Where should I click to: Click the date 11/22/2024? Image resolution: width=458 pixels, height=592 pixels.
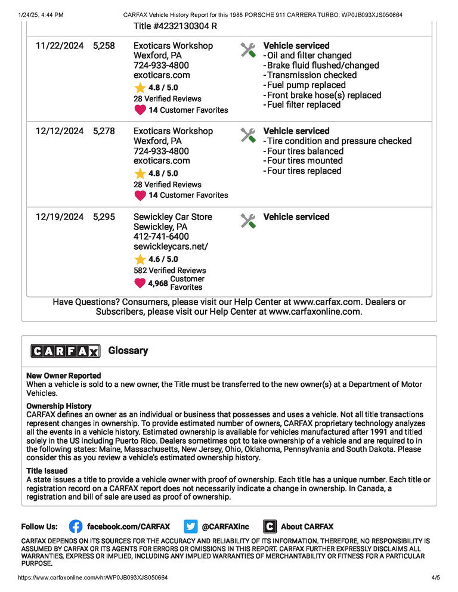pos(60,45)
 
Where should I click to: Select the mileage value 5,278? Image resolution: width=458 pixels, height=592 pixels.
pos(104,131)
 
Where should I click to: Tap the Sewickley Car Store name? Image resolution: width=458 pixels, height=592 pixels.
pos(172,217)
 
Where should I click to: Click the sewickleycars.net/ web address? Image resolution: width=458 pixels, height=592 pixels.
pos(171,246)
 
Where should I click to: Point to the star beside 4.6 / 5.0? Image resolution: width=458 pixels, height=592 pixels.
pos(140,259)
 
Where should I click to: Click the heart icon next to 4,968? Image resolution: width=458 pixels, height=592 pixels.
pos(140,283)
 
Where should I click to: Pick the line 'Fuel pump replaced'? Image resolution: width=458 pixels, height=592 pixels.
pos(306,85)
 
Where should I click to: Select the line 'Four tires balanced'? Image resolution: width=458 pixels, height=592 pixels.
pos(305,151)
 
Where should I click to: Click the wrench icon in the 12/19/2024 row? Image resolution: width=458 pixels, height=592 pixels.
pos(248,221)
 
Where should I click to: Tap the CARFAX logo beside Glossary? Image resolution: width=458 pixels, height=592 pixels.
pos(66,351)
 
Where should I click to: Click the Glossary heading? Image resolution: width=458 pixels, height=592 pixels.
pos(128,351)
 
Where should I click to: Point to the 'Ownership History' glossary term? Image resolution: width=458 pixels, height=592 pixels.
pos(59,406)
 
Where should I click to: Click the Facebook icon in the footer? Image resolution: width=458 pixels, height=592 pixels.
pos(76,526)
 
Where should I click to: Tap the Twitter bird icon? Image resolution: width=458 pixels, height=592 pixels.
pos(191,526)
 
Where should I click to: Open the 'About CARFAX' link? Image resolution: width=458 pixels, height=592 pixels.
pos(307,526)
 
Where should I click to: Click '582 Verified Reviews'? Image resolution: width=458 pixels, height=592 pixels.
pos(169,270)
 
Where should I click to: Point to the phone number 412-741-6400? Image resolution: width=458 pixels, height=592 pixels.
pos(161,237)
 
